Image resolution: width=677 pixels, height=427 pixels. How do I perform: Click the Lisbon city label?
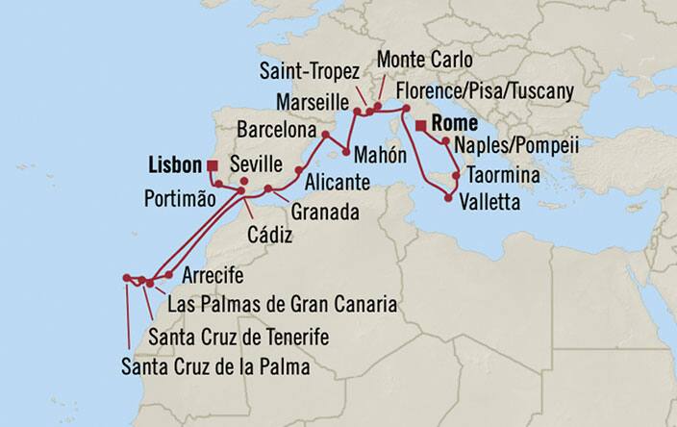pyautogui.click(x=176, y=164)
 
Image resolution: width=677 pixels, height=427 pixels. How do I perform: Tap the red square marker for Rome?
pyautogui.click(x=421, y=124)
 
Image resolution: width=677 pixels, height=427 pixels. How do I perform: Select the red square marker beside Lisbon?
pyautogui.click(x=212, y=165)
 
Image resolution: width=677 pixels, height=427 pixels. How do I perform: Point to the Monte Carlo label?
pyautogui.click(x=424, y=61)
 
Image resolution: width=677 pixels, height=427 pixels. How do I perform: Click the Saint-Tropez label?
pyautogui.click(x=310, y=72)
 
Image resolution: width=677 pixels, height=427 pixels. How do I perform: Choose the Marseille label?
pyautogui.click(x=309, y=100)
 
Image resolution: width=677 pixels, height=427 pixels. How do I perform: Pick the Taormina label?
pyautogui.click(x=501, y=176)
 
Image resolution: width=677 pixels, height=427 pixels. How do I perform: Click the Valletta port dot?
pyautogui.click(x=449, y=199)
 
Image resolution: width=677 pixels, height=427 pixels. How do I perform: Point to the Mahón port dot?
pyautogui.click(x=343, y=152)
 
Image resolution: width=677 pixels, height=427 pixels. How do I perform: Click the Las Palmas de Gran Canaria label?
pyautogui.click(x=282, y=305)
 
